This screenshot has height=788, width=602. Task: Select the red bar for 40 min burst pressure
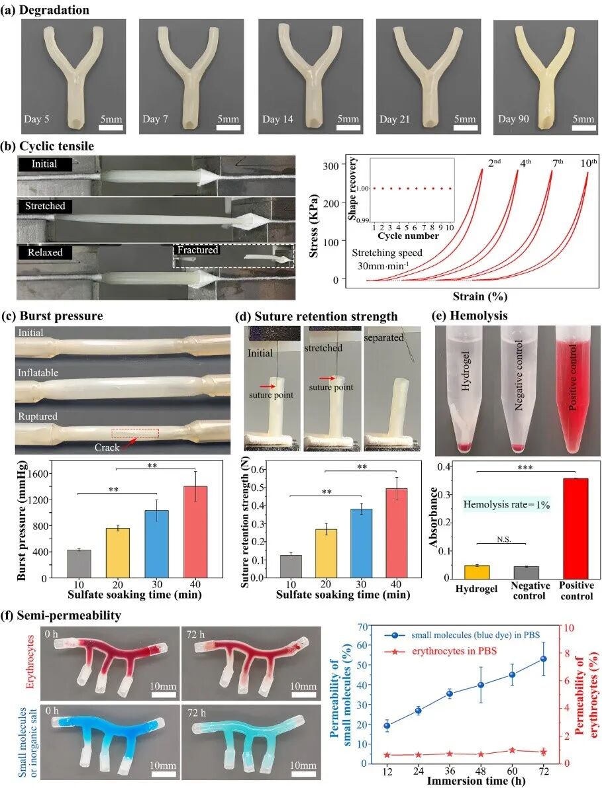(195, 532)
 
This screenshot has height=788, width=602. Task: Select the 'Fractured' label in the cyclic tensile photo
(197, 251)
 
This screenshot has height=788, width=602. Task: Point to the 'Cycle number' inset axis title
(409, 236)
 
